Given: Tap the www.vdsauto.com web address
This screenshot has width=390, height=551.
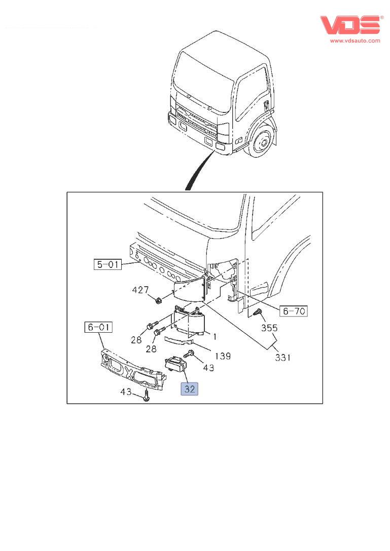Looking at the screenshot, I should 355,41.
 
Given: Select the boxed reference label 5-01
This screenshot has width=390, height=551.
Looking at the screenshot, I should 107,264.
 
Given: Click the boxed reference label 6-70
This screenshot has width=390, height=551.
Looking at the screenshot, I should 293,311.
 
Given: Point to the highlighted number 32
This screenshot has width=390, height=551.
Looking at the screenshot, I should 190,389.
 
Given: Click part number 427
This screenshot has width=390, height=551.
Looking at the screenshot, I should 140,290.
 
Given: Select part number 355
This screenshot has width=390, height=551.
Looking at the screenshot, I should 269,328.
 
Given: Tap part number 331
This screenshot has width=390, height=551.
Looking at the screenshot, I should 282,358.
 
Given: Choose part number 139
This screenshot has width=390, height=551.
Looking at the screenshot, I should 222,356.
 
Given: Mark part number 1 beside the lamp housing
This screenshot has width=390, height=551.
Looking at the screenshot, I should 215,336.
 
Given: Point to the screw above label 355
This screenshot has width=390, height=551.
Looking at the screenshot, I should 258,312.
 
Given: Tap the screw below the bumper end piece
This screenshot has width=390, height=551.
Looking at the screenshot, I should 146,396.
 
